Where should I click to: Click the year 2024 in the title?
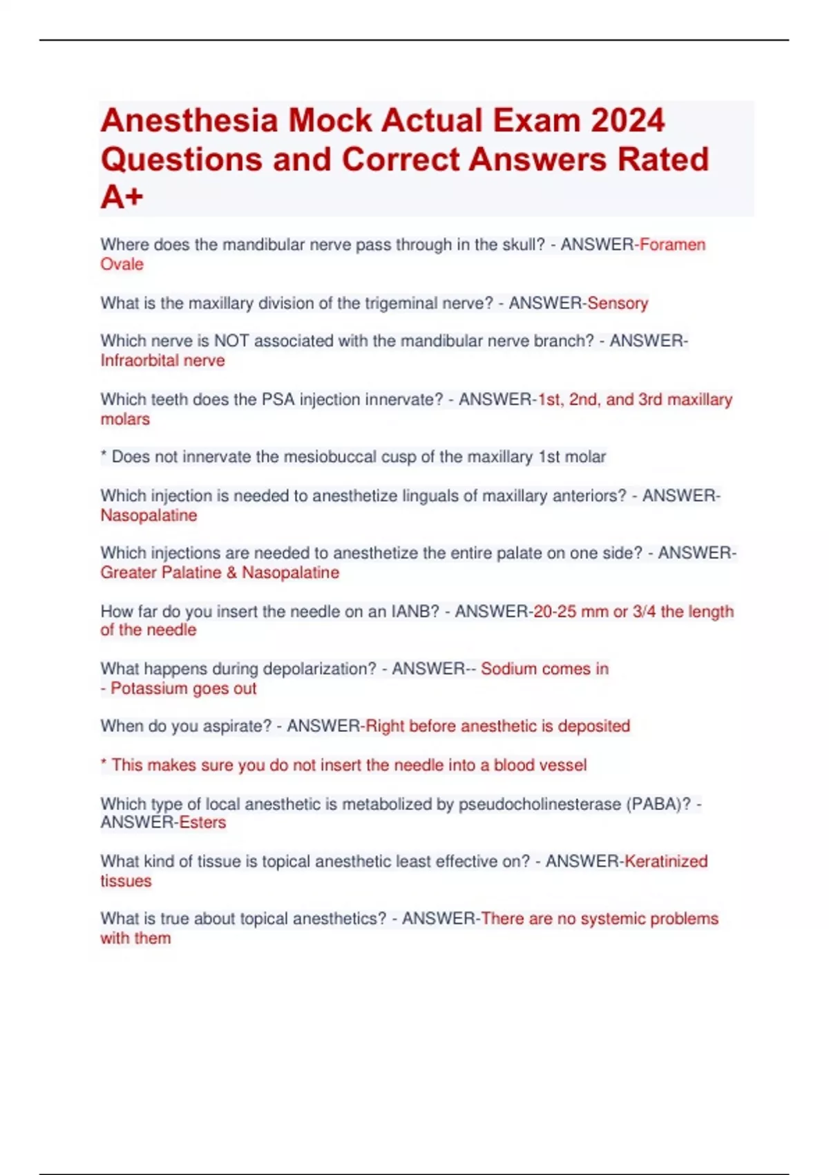click(627, 120)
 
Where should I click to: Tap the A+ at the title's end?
click(122, 197)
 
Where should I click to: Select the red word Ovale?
click(122, 264)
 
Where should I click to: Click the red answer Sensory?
click(618, 303)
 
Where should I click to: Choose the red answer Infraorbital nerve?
click(162, 360)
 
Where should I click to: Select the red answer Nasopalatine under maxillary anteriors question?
click(149, 515)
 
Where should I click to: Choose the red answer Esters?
click(202, 822)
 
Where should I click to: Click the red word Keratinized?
click(666, 861)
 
